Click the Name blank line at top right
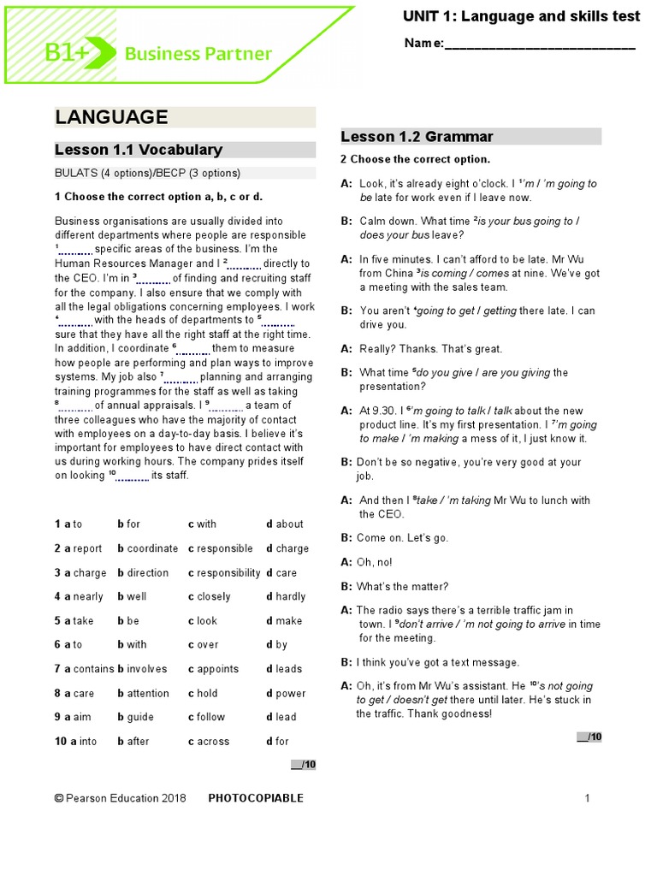click(540, 44)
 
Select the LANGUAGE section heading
click(111, 117)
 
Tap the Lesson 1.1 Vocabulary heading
click(139, 150)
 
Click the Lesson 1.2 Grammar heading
click(417, 137)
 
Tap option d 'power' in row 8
click(286, 693)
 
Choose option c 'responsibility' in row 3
click(224, 573)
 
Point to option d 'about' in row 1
click(285, 524)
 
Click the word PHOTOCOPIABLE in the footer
click(256, 798)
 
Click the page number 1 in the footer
click(588, 798)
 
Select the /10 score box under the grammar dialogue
click(589, 737)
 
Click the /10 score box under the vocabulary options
click(304, 764)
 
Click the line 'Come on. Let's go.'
click(394, 538)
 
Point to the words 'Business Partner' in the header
click(198, 55)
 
